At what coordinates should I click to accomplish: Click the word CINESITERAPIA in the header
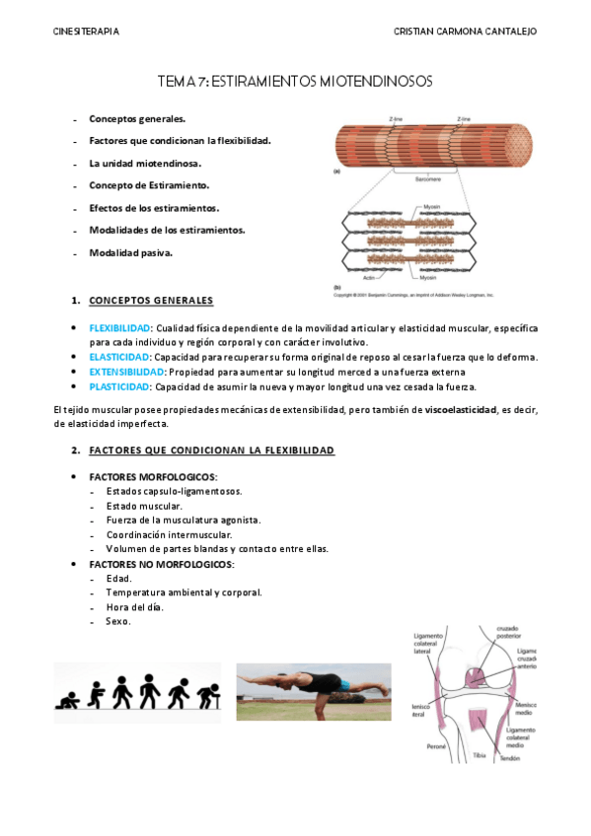tap(86, 32)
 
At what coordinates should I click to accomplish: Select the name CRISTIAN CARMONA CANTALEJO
tap(465, 32)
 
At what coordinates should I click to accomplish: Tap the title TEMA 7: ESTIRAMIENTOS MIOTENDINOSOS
tap(295, 84)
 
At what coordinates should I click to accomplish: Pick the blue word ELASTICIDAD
tap(117, 357)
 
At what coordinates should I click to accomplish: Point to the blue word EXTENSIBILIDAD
tap(126, 372)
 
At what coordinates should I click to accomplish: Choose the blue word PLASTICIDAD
tap(118, 386)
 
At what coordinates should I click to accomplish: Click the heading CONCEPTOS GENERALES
tap(150, 300)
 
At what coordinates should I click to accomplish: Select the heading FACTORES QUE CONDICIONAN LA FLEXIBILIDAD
tap(211, 451)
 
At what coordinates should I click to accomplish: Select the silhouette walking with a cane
tap(208, 693)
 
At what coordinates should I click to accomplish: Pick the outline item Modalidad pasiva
tap(130, 252)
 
